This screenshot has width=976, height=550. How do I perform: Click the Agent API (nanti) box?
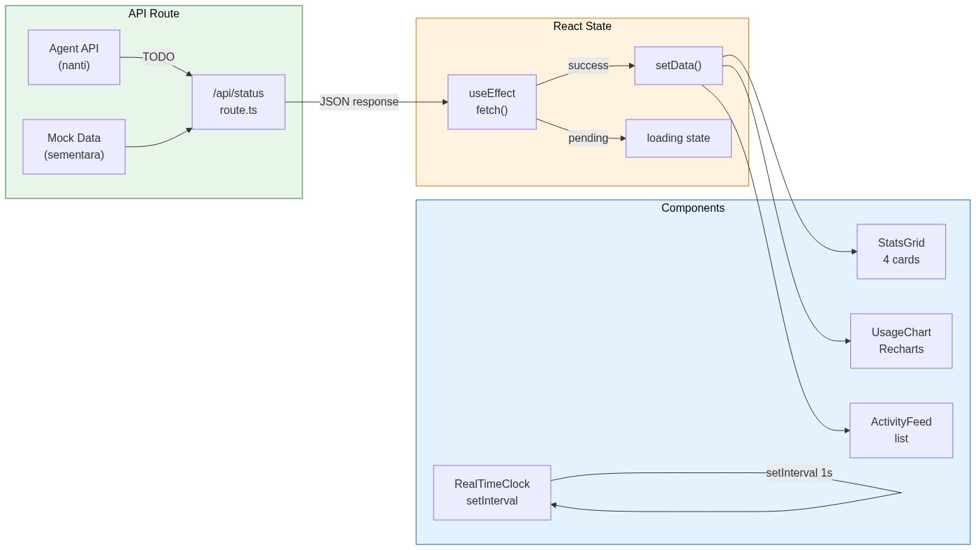[74, 57]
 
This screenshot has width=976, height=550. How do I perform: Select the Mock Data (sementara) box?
[74, 147]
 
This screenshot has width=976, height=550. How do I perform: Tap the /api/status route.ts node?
[238, 102]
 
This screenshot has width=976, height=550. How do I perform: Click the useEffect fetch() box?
[491, 102]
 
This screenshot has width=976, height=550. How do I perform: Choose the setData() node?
[678, 66]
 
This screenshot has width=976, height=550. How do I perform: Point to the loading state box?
[678, 138]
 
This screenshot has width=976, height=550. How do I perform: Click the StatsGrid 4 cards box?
[901, 252]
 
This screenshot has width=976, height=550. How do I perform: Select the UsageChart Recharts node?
[901, 341]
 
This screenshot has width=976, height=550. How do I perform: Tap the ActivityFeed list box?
[901, 430]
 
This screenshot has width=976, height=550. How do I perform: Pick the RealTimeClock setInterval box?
[491, 493]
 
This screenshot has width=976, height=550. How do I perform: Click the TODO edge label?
[158, 57]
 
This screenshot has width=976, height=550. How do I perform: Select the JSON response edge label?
[359, 102]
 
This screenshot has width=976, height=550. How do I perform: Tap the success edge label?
[588, 66]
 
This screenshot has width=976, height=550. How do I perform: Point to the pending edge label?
[588, 138]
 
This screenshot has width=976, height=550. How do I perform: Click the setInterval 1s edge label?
[799, 473]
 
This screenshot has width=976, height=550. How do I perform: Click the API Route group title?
[154, 14]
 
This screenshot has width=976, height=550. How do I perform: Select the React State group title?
[582, 27]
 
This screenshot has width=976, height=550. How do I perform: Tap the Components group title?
[693, 208]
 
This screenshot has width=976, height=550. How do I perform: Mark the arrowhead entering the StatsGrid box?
[854, 252]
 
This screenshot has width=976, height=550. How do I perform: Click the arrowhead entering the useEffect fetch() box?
[445, 102]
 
